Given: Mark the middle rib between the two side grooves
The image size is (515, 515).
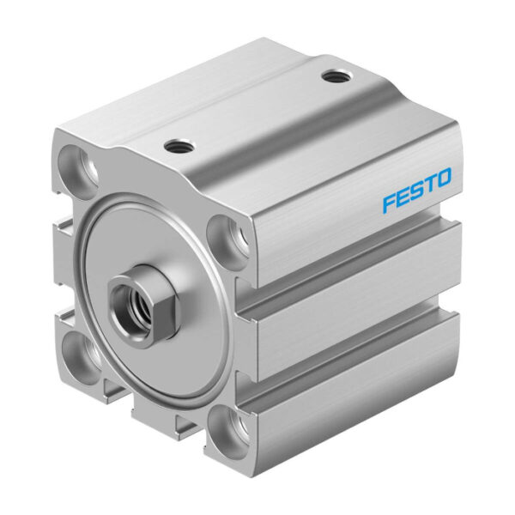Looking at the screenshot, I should point(360,300).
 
